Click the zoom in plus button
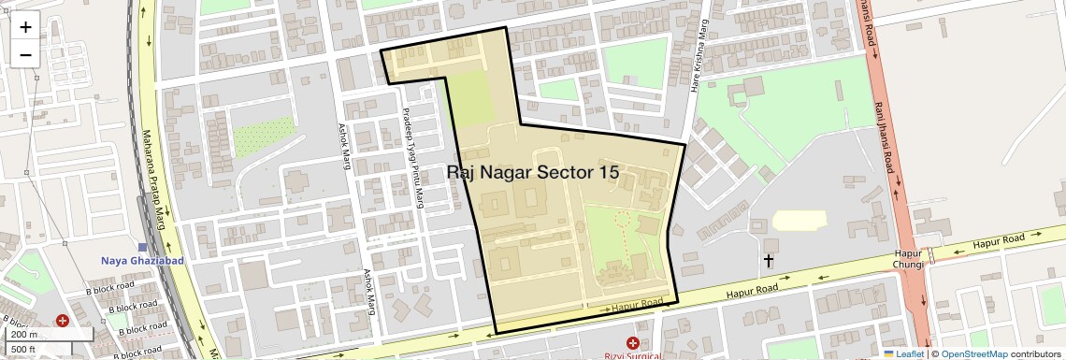pos(25,27)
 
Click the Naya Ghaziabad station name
pos(142,260)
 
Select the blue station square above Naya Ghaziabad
pos(142,247)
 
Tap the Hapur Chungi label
pos(910,259)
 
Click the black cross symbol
pos(769,260)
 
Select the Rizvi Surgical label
pos(634,354)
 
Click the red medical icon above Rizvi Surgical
pos(634,342)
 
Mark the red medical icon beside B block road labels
pos(63,321)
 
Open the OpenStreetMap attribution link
pos(973,353)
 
